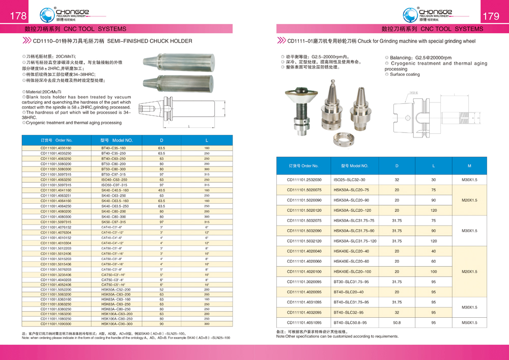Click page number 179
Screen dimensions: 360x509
click(491, 16)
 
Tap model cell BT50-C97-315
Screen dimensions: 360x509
click(114, 174)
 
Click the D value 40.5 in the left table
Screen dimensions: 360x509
click(161, 190)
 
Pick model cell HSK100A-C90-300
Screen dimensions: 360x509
click(117, 323)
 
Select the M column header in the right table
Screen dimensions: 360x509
click(469, 165)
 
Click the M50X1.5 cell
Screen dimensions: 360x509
click(469, 322)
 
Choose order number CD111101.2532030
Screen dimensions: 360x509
click(304, 180)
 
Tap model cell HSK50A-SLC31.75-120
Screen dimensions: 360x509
click(355, 241)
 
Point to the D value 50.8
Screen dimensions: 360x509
click(397, 322)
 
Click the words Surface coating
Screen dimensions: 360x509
click(405, 74)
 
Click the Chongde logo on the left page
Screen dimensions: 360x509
click(67, 14)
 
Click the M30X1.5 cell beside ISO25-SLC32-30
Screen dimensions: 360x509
click(469, 180)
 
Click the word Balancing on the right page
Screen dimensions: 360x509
click(401, 58)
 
